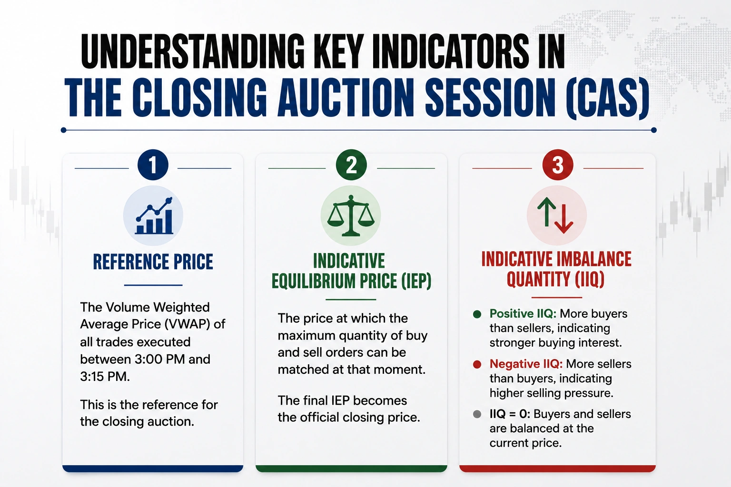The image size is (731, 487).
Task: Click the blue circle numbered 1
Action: tap(153, 165)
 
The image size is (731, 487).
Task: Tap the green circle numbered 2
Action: tap(351, 165)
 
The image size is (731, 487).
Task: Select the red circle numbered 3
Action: tap(558, 165)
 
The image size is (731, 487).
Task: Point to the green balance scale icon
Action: tap(351, 215)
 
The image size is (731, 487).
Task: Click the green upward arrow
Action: tap(546, 212)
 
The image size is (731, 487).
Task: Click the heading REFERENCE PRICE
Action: tap(153, 262)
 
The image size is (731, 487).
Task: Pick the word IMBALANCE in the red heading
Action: tap(594, 259)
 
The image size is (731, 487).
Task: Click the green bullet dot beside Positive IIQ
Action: tap(477, 314)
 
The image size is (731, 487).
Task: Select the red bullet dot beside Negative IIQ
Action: tap(477, 364)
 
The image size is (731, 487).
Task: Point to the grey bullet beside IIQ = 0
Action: tap(477, 414)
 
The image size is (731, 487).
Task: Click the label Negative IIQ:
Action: tap(526, 364)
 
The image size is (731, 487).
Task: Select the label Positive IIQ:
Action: tap(523, 314)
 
